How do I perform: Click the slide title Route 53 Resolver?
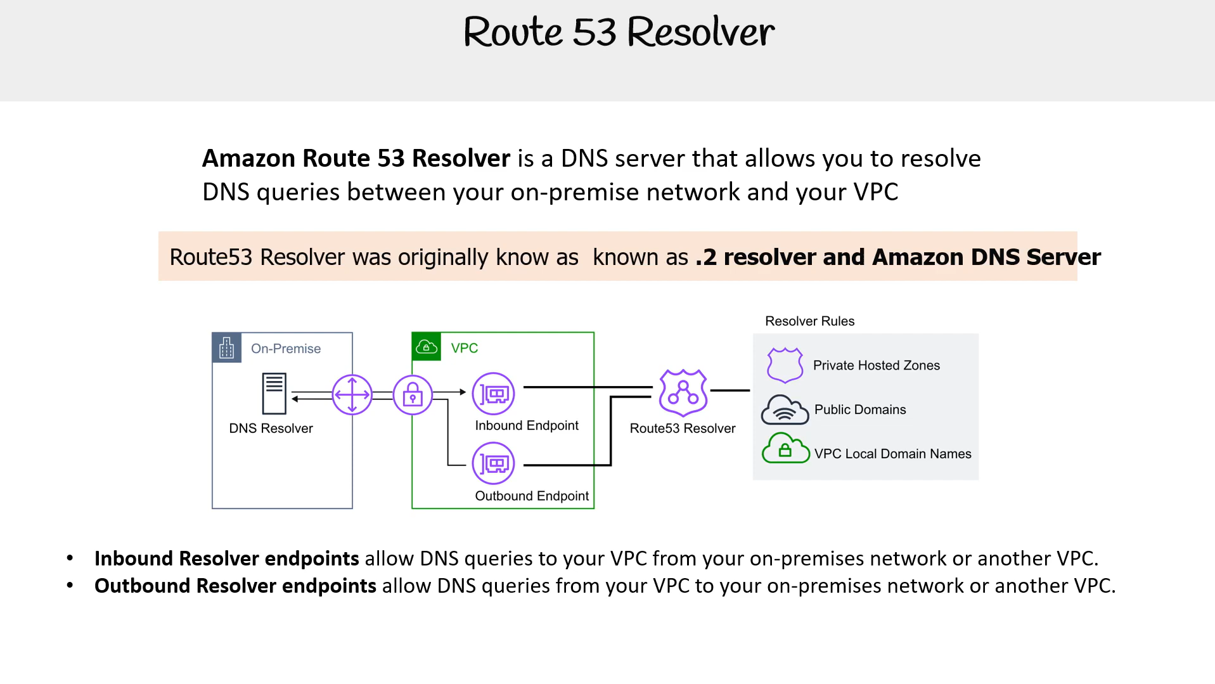(619, 32)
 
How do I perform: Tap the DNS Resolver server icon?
(274, 394)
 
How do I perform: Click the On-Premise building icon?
(226, 347)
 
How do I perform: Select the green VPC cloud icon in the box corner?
(427, 347)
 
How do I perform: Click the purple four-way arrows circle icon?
(352, 394)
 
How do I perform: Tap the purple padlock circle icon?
(413, 394)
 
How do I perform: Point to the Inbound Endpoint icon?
(494, 394)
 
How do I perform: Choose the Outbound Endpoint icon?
(494, 463)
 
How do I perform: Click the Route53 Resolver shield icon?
(683, 393)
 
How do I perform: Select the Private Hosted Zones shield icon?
(785, 365)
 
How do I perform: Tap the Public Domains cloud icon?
(785, 410)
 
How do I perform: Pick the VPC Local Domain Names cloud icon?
(785, 448)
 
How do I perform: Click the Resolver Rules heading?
(809, 321)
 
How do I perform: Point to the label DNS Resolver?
(271, 429)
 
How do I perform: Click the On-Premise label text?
(286, 349)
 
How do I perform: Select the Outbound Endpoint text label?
(532, 496)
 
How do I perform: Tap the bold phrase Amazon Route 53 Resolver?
(356, 158)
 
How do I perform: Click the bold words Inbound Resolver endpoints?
(227, 558)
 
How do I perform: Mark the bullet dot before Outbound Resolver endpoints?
(70, 586)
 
